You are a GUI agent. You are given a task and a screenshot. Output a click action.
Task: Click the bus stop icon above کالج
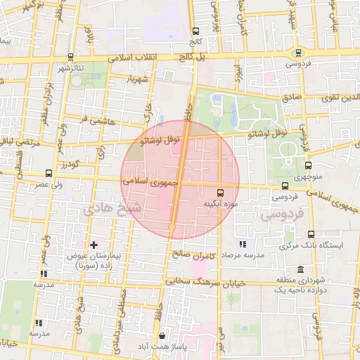pos(195,31)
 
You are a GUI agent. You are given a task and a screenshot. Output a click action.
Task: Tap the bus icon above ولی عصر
pos(49,173)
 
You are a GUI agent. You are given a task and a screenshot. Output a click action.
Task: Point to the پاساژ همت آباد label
pos(163,348)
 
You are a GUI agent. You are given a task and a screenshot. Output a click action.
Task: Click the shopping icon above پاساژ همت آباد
pos(163,336)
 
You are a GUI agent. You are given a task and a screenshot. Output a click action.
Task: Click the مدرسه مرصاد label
pos(243,255)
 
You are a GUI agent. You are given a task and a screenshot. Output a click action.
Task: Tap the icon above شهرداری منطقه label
pos(301,269)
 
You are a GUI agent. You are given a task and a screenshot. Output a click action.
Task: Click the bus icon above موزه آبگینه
pos(220,192)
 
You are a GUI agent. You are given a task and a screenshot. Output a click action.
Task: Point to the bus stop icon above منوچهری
pos(308,166)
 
